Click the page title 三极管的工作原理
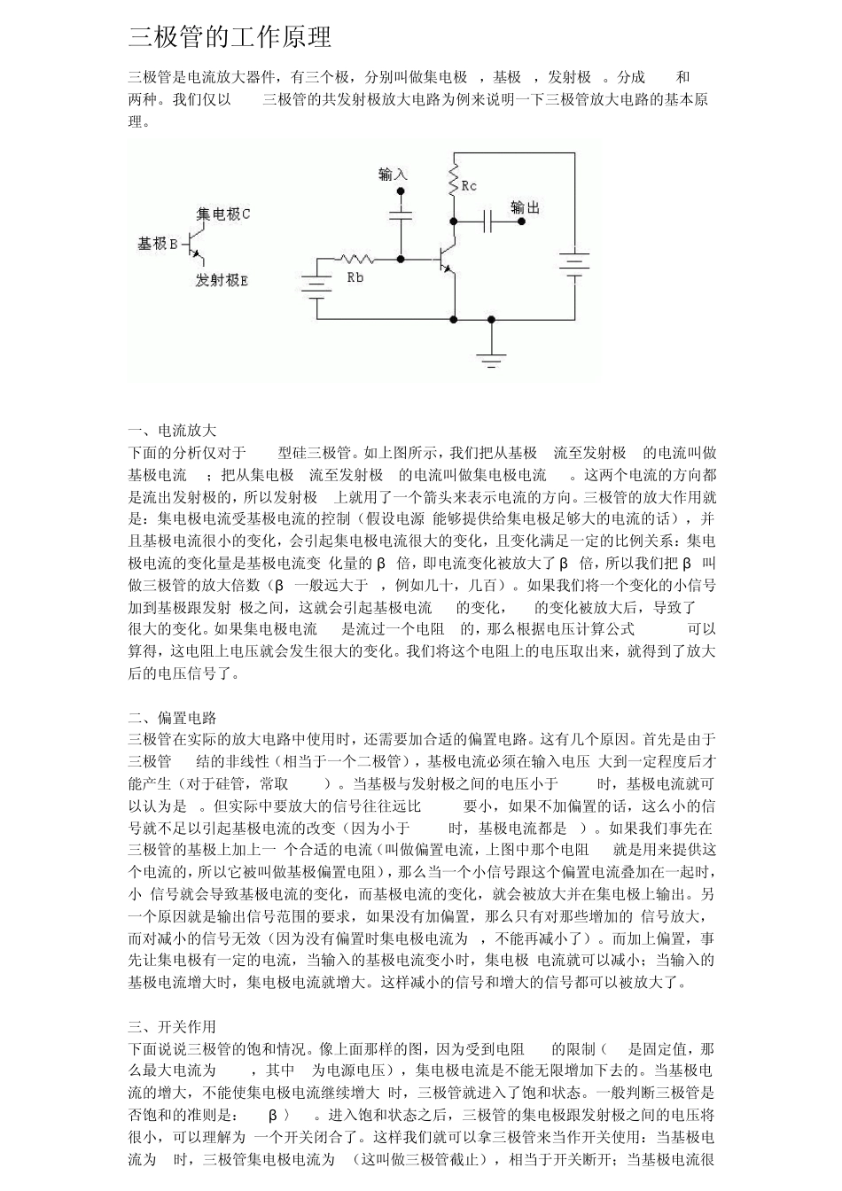[230, 37]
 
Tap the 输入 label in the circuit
[392, 175]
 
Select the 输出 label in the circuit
[525, 207]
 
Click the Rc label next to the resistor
[469, 186]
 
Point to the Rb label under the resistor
[355, 277]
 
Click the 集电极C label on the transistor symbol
[223, 214]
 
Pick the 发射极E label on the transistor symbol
[222, 280]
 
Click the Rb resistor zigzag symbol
[355, 259]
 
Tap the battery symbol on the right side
[573, 264]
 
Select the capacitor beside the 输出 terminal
[487, 221]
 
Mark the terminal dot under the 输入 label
[401, 191]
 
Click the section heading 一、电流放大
[172, 431]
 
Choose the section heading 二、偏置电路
[172, 718]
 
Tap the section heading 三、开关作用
[172, 1027]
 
